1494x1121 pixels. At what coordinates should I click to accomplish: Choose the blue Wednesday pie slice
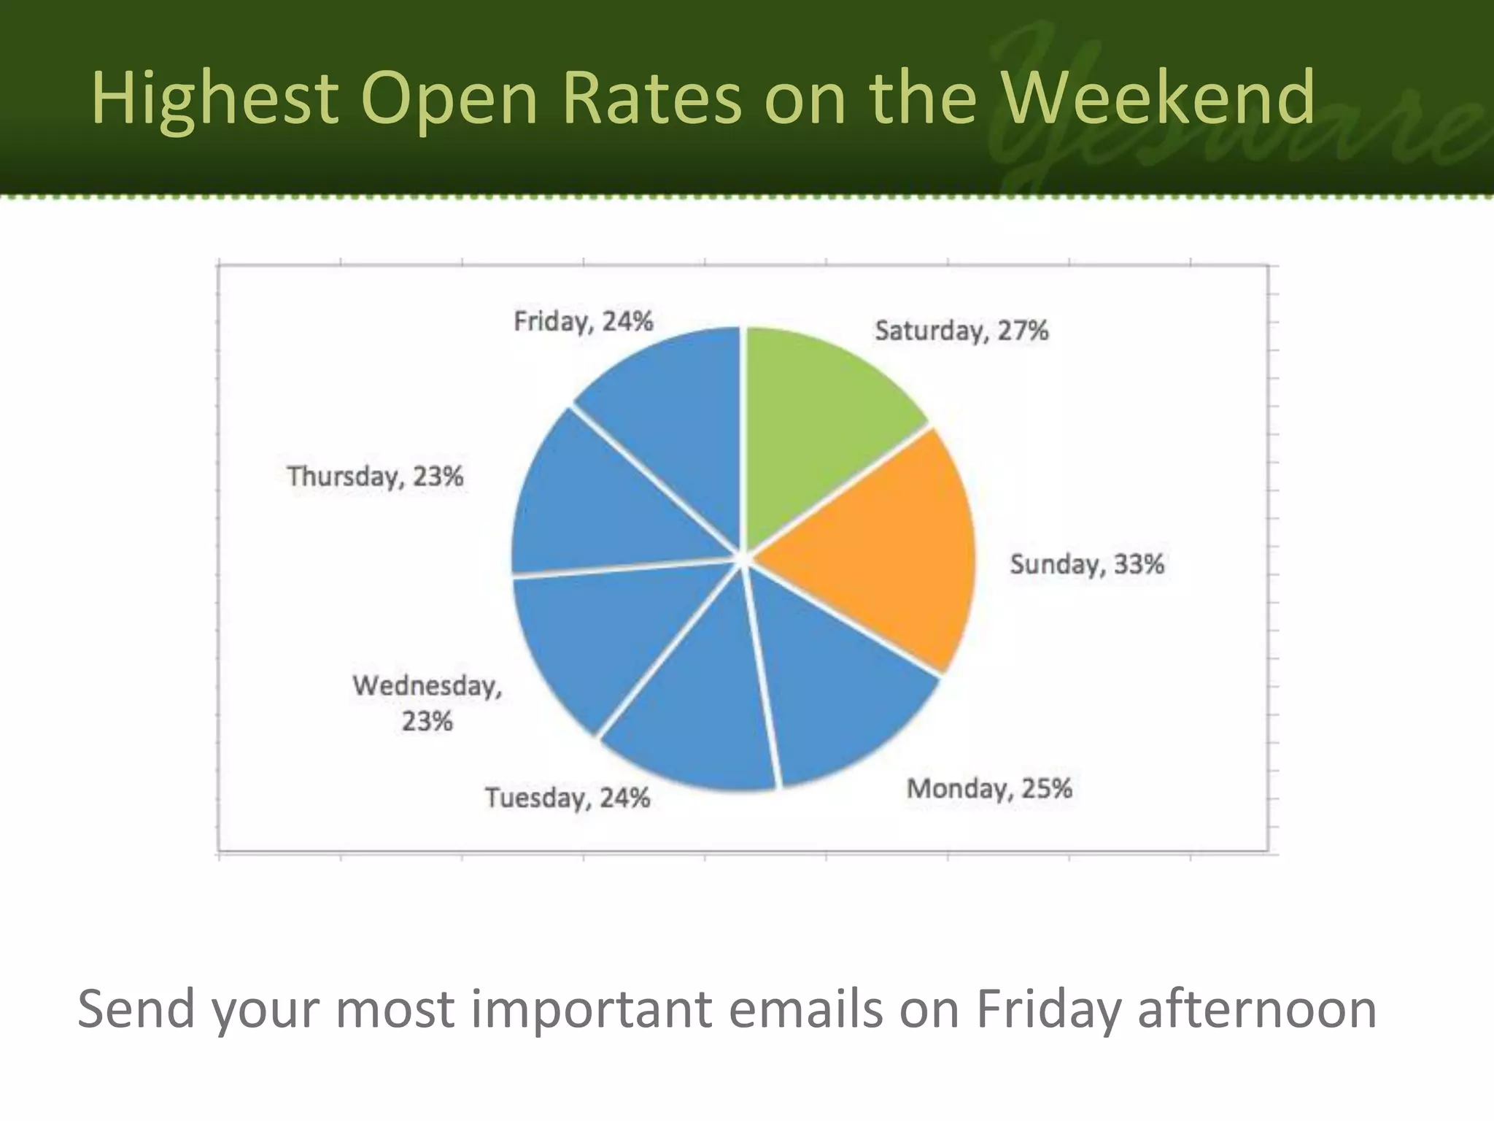tap(598, 642)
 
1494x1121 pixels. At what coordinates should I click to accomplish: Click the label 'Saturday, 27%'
tap(961, 331)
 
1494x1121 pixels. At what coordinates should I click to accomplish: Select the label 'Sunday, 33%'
tap(1087, 564)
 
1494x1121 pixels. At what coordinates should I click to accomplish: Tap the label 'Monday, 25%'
tap(989, 789)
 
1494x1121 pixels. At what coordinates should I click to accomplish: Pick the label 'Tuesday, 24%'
tap(568, 798)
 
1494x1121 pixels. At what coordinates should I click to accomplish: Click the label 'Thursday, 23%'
tap(375, 477)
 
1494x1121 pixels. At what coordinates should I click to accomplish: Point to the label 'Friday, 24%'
tap(584, 321)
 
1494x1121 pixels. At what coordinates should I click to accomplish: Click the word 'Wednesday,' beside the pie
tap(427, 686)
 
